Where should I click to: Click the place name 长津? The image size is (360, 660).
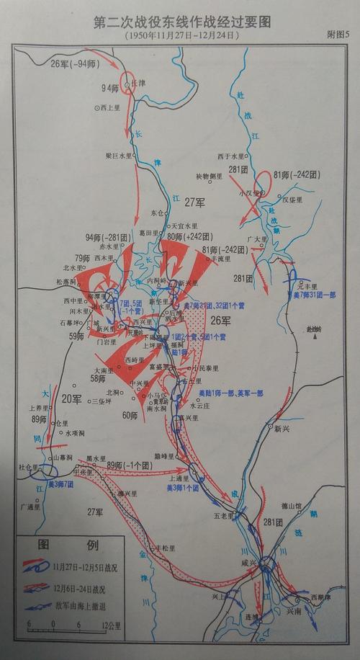click(x=138, y=84)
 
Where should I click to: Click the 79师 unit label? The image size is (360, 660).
click(x=85, y=258)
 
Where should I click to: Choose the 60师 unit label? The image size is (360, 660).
click(x=130, y=415)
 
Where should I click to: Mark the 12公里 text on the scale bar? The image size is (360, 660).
click(x=109, y=624)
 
